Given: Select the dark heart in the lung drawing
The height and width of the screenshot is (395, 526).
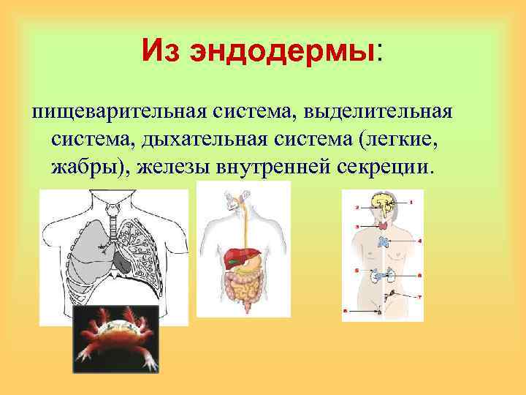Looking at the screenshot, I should pyautogui.click(x=121, y=260).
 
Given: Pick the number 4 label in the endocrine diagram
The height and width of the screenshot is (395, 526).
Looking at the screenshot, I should pyautogui.click(x=419, y=240).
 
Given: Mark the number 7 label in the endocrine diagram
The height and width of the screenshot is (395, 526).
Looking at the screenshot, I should pyautogui.click(x=419, y=296).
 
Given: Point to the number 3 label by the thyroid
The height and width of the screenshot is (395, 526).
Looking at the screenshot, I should pyautogui.click(x=357, y=227).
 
